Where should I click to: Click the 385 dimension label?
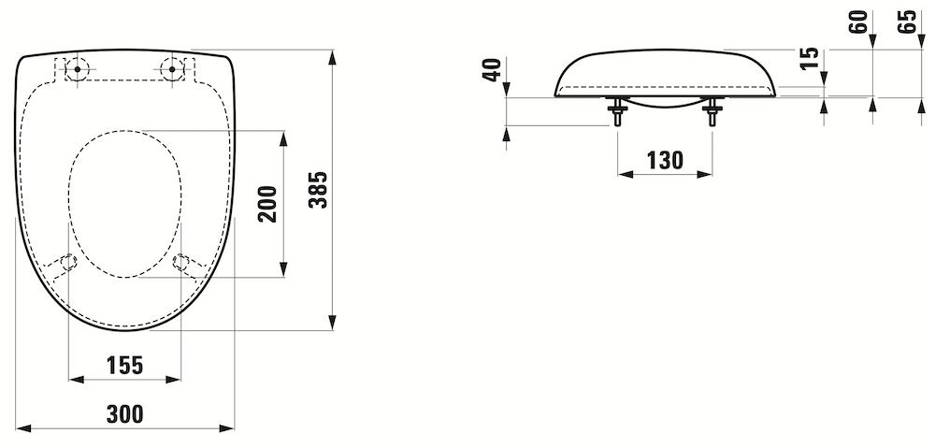(x=321, y=190)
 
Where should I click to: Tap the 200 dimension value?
(x=268, y=204)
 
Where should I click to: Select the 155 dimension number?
(x=124, y=365)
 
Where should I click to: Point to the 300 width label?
(x=124, y=413)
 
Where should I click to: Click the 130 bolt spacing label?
(x=665, y=160)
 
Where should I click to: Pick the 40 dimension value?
(x=492, y=70)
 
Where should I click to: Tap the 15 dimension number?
(x=809, y=59)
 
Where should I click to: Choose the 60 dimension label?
(x=858, y=22)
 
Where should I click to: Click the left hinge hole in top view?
(x=77, y=69)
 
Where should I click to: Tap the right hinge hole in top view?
(x=172, y=69)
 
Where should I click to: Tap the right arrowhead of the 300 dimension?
(x=226, y=428)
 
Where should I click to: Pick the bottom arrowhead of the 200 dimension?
(x=284, y=269)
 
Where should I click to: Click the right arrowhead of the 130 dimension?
(x=704, y=174)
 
